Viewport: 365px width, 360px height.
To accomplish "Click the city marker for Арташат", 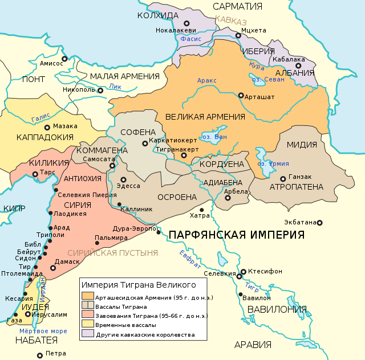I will [x=241, y=96].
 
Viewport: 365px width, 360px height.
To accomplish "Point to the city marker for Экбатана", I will [x=319, y=223].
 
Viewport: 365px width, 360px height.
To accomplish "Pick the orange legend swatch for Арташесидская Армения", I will [x=87, y=296].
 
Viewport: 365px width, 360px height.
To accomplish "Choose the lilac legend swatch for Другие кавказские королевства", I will [x=87, y=334].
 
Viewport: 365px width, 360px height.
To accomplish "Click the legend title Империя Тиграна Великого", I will [x=139, y=284].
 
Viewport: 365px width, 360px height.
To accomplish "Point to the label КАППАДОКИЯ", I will [x=45, y=137].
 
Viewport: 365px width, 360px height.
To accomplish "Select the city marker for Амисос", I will [x=64, y=58].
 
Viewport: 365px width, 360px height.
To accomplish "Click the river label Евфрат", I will [x=189, y=259].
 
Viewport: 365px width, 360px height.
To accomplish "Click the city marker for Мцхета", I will [x=238, y=35].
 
